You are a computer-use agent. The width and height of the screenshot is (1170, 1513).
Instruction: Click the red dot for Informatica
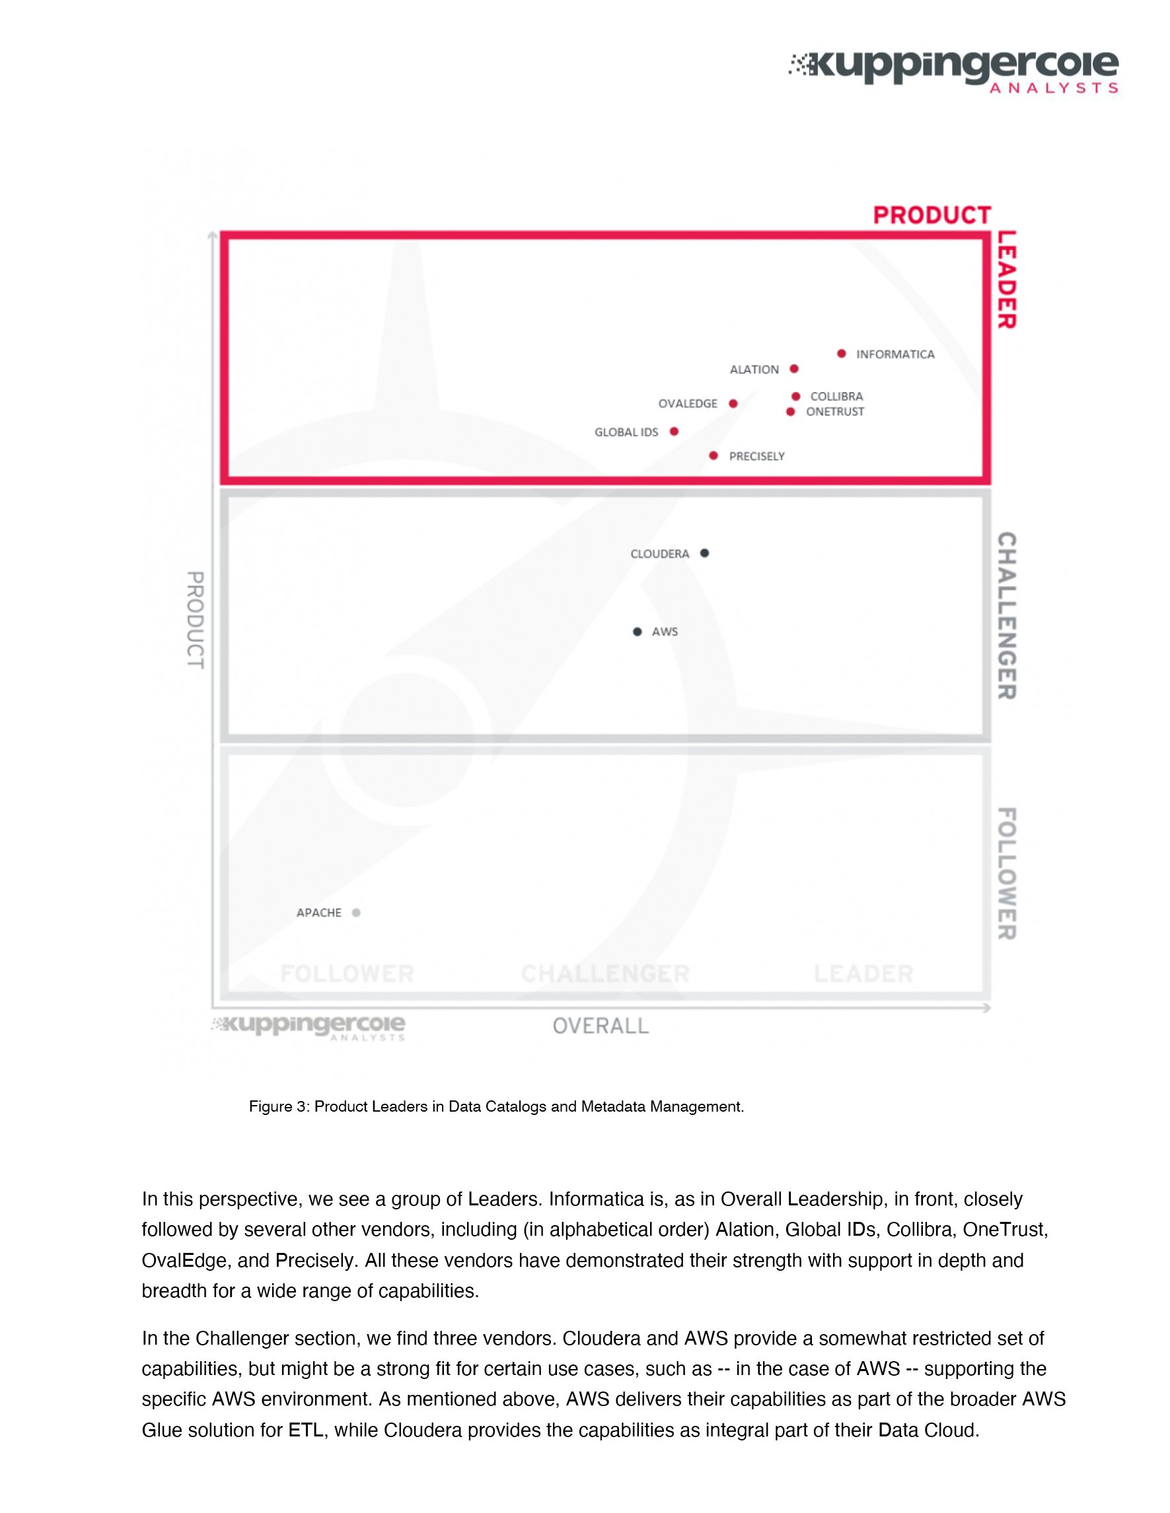(842, 353)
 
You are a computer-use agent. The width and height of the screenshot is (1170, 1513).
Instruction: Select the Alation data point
(794, 368)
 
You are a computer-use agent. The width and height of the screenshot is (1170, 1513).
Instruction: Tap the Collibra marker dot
(796, 396)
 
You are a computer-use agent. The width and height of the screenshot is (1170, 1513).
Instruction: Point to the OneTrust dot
(791, 411)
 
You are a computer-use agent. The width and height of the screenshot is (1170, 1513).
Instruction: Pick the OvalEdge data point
(733, 403)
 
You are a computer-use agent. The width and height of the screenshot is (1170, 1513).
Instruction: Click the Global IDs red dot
(674, 432)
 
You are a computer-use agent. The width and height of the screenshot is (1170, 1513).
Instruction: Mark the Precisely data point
(714, 455)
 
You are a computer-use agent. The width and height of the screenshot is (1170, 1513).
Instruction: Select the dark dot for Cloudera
(705, 553)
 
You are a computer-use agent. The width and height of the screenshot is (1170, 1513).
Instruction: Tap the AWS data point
(638, 631)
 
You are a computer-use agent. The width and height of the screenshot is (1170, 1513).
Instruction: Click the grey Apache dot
(356, 912)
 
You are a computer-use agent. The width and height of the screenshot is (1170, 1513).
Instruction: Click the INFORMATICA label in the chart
(895, 354)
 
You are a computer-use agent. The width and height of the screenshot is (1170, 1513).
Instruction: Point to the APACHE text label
(319, 912)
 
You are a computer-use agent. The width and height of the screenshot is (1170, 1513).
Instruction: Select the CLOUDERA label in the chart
(660, 554)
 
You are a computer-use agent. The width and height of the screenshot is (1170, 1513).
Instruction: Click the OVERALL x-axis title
(601, 1026)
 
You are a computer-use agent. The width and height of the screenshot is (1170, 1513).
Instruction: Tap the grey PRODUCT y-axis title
(196, 620)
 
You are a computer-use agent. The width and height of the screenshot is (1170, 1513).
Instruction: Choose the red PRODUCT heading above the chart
(932, 215)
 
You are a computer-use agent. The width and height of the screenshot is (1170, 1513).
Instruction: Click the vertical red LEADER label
(1006, 280)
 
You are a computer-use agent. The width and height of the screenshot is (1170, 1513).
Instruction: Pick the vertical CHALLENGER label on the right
(1006, 615)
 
